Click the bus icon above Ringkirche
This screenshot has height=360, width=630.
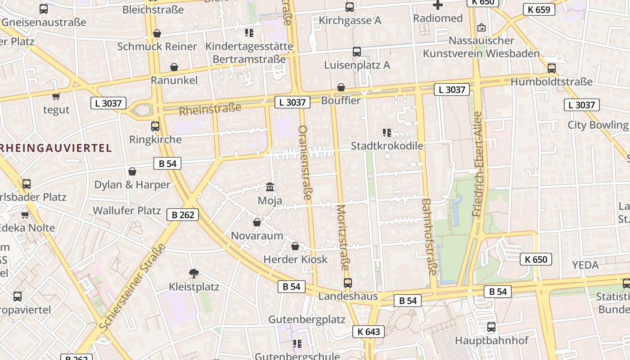(x=155, y=126)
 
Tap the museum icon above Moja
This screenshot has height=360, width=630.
(x=270, y=187)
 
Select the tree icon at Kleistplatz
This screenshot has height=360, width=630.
(x=194, y=273)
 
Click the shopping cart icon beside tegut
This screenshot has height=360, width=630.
(x=56, y=96)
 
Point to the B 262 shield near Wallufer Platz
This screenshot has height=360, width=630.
(x=183, y=215)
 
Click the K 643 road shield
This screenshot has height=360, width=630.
(x=369, y=332)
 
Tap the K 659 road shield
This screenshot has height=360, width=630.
(x=539, y=9)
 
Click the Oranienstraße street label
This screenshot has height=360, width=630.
(x=305, y=162)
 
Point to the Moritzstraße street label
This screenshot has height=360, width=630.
(x=342, y=237)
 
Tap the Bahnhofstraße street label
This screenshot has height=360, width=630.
(x=428, y=237)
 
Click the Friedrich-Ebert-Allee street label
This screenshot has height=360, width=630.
(x=477, y=164)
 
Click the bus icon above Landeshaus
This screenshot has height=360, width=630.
(x=348, y=283)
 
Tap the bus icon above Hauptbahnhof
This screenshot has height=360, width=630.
(x=491, y=327)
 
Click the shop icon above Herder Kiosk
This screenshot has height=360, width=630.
(x=295, y=246)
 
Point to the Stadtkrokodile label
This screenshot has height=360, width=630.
(x=387, y=146)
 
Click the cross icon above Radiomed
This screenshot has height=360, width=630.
(x=437, y=5)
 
